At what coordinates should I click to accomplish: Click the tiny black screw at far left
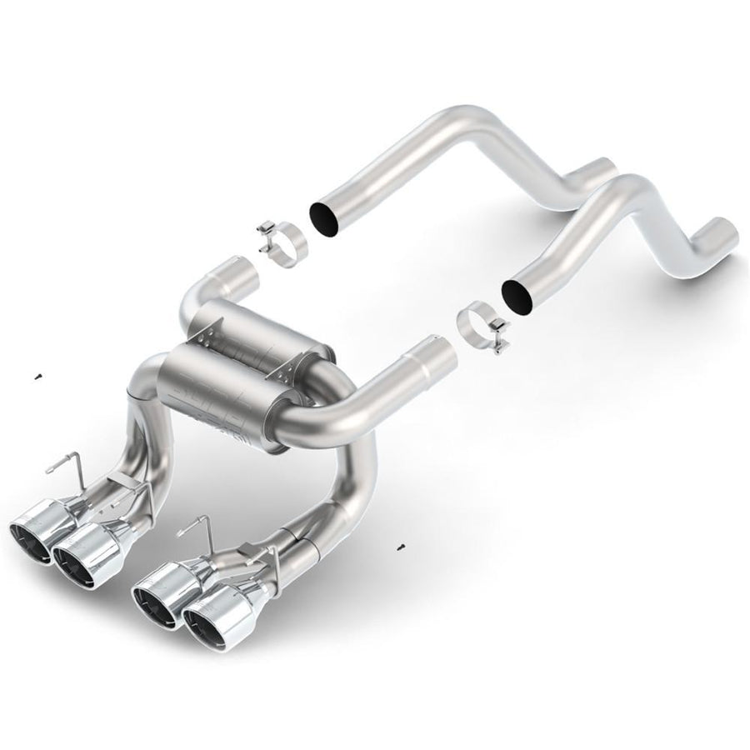(38, 378)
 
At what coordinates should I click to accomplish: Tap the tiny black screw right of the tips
(402, 546)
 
